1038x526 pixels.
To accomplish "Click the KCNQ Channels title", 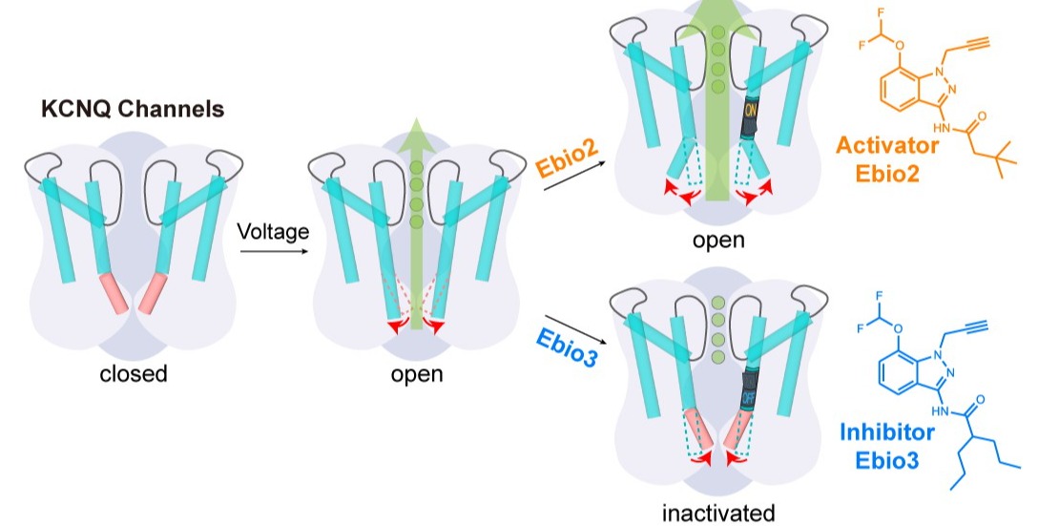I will coord(133,109).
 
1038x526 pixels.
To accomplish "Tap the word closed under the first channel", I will coord(134,373).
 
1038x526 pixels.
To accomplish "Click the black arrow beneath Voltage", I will coord(272,252).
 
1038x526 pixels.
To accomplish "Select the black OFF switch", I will coord(747,394).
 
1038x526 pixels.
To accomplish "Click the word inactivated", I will coord(718,514).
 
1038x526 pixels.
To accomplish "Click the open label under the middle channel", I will coord(417,373).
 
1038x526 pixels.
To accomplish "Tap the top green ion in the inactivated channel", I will coord(717,305).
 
